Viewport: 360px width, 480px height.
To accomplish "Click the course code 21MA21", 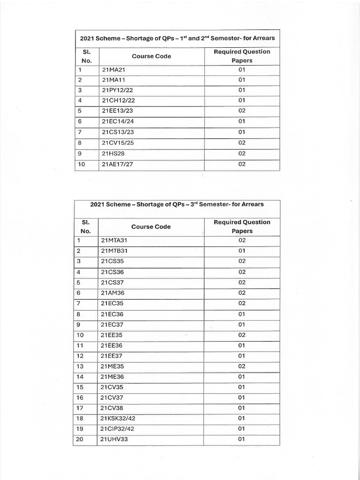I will click(112, 69).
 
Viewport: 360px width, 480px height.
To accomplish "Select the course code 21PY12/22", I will click(115, 90).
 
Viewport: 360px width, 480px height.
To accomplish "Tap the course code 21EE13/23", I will click(115, 111).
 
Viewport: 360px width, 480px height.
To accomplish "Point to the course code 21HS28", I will click(111, 153).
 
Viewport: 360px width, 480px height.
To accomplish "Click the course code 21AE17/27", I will click(115, 164).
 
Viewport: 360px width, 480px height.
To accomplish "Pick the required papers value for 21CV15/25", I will click(242, 142).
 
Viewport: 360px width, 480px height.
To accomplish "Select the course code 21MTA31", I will click(114, 240).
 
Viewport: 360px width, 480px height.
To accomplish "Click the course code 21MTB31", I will click(114, 251).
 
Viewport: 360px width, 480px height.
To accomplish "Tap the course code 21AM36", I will click(112, 293).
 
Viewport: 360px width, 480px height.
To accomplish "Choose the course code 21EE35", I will click(112, 335).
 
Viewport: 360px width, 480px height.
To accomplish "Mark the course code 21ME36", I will click(112, 376).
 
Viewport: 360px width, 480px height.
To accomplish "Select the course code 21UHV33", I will click(113, 439).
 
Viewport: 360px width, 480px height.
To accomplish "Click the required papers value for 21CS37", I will click(242, 282).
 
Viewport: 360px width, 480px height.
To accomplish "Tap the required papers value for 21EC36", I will click(242, 314).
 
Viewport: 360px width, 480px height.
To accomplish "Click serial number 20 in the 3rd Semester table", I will click(80, 439).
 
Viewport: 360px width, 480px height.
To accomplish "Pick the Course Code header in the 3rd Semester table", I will click(151, 226).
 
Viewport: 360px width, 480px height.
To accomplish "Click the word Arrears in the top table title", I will click(262, 38).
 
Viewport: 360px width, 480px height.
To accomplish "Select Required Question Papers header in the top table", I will click(242, 56).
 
